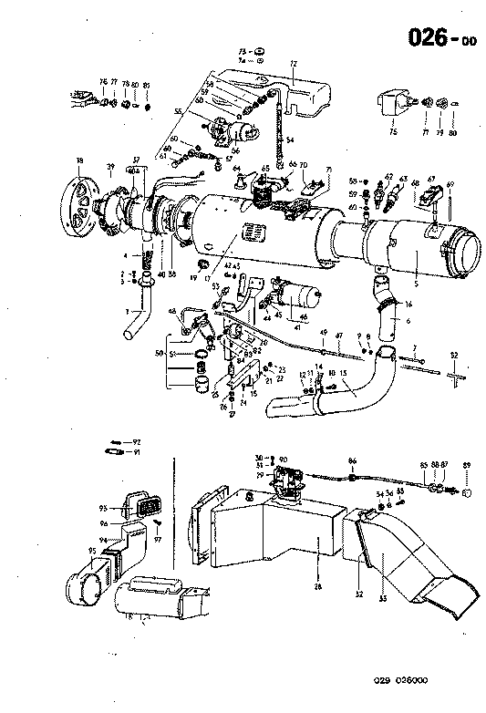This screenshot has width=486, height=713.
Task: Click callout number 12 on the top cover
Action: point(294,65)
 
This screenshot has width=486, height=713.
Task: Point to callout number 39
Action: point(110,167)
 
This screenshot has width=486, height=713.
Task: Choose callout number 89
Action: point(466,466)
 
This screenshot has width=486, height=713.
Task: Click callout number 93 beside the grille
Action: point(104,509)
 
